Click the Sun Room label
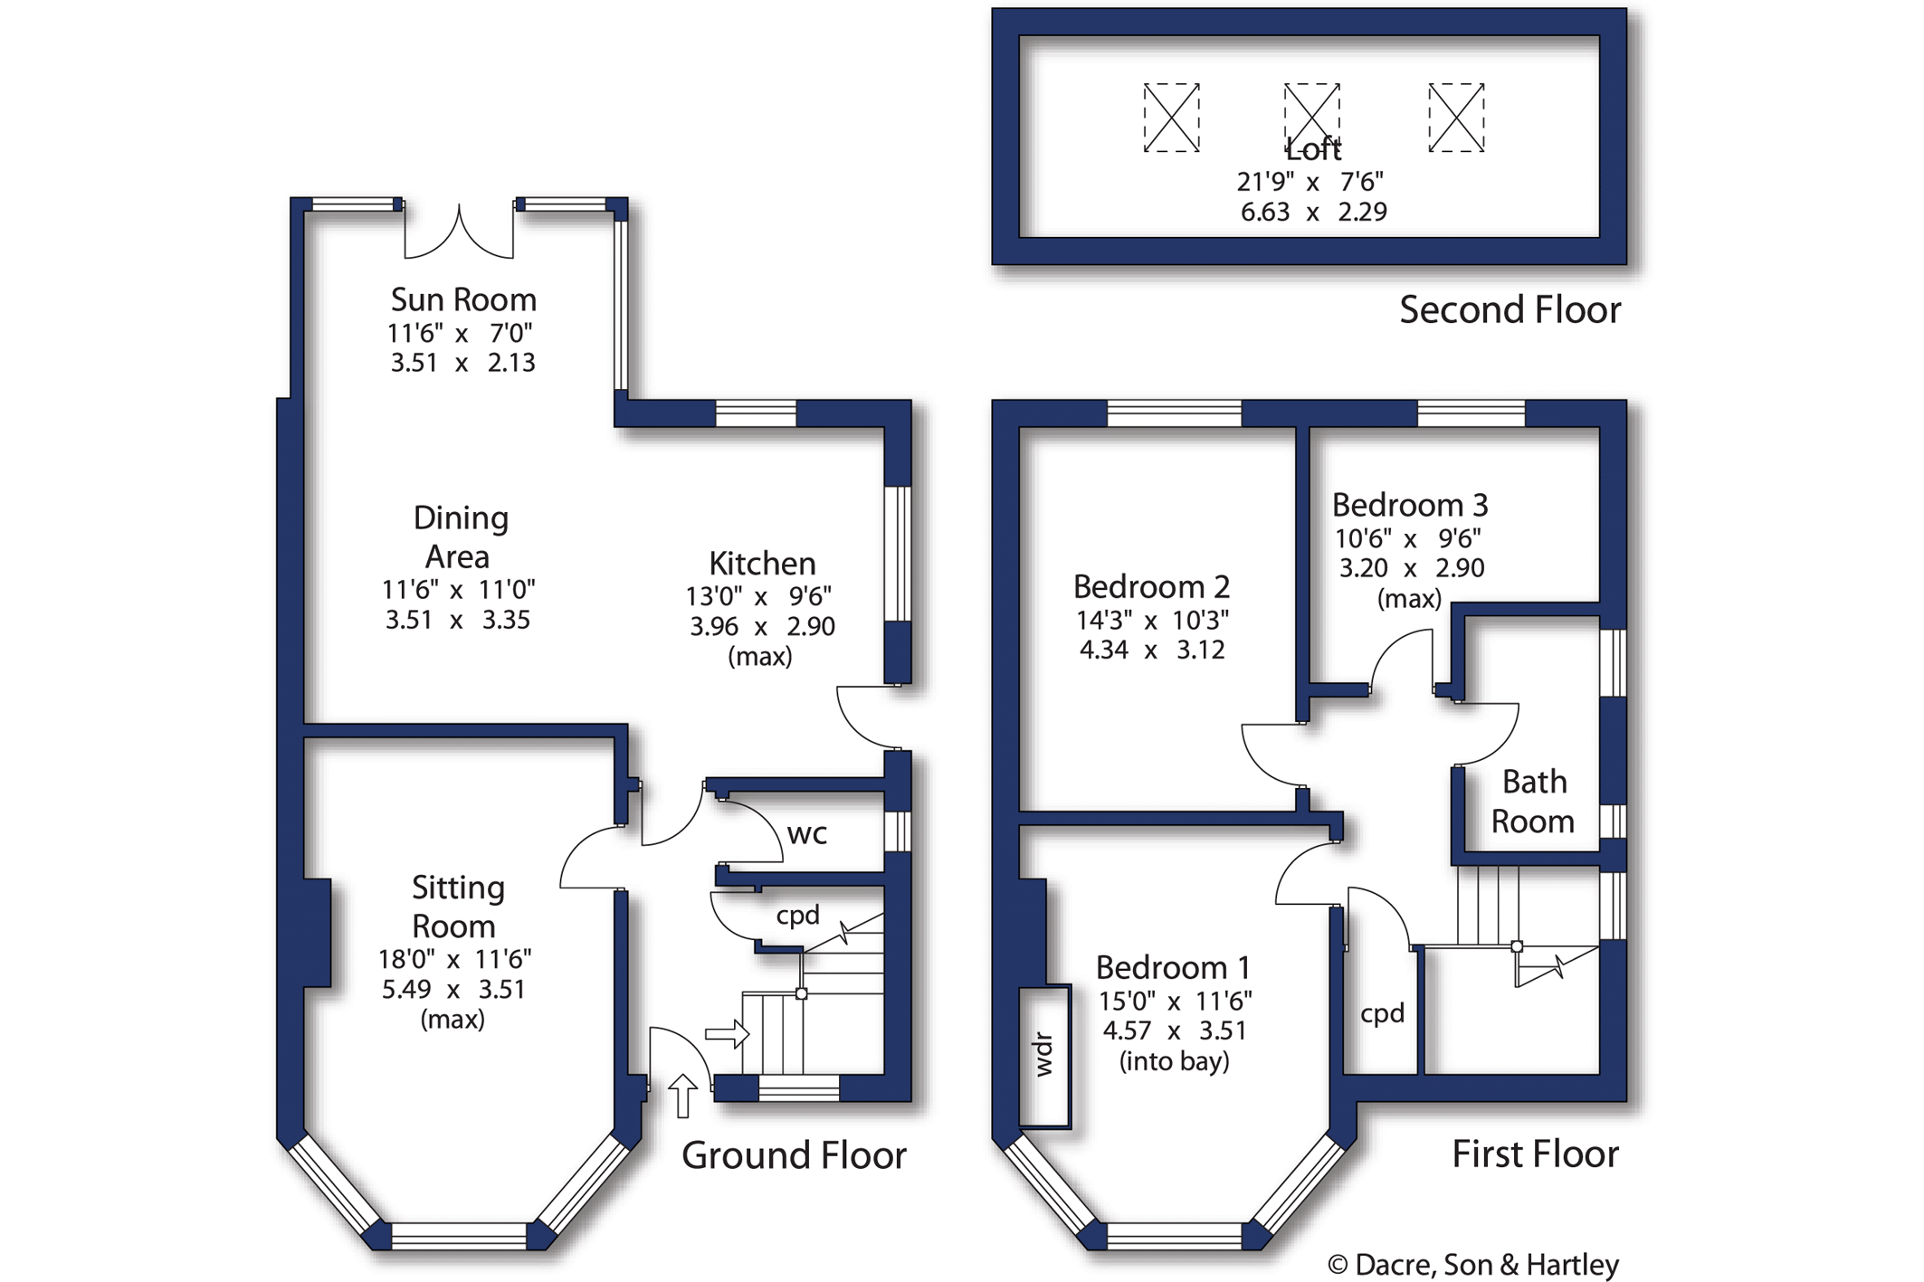tap(463, 299)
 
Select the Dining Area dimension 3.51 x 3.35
tap(458, 621)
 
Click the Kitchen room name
tap(762, 564)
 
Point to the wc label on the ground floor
tap(806, 833)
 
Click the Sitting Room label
tap(457, 907)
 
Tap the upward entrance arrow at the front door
tap(683, 1096)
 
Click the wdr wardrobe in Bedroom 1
tap(1044, 1055)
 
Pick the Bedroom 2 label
tap(1151, 587)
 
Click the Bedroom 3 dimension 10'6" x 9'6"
tap(1408, 539)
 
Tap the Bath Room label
tap(1533, 802)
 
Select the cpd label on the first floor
tap(1382, 1013)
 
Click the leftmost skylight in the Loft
tap(1171, 118)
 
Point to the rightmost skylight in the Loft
tap(1456, 118)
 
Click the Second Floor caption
tap(1510, 310)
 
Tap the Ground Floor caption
tap(794, 1155)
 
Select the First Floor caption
tap(1535, 1154)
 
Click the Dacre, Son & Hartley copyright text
tap(1472, 1265)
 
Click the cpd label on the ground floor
tap(797, 916)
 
